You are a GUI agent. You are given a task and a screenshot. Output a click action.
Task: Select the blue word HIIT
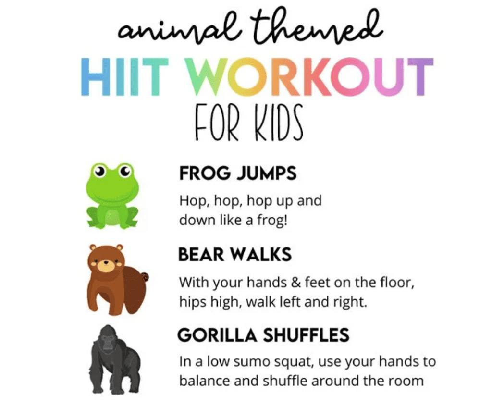point(124,77)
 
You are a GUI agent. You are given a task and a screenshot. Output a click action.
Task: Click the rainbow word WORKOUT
point(309,77)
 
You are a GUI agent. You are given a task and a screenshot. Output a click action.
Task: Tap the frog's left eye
point(100,171)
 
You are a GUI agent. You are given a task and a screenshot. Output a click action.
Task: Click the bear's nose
point(105,263)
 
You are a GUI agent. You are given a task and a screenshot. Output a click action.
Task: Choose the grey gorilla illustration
point(115,359)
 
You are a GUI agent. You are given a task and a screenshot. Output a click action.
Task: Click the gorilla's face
point(108,341)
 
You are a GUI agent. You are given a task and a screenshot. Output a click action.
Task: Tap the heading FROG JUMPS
point(238,173)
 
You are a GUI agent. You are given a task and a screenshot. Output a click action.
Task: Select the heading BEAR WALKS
point(235,255)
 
